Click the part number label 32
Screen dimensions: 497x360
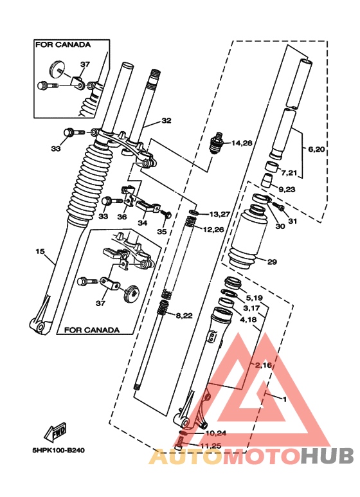coord(166,120)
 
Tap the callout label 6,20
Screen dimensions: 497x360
coord(316,150)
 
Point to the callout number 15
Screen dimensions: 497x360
coord(39,253)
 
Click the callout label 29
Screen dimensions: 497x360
coord(272,262)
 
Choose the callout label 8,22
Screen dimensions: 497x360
coord(184,315)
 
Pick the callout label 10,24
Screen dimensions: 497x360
coord(215,433)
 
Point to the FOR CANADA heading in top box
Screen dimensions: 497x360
coord(62,45)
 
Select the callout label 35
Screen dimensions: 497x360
coord(161,231)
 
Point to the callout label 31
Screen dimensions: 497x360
coord(293,222)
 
